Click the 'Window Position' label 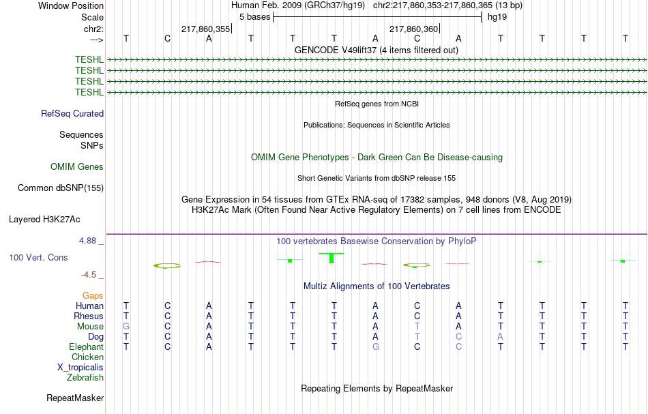(x=71, y=5)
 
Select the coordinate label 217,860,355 (x=205, y=29)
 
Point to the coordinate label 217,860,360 (x=413, y=29)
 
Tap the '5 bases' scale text (x=254, y=16)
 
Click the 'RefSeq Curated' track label (x=72, y=114)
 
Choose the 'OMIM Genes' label (x=77, y=167)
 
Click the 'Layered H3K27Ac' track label (x=44, y=220)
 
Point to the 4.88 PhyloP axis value (x=90, y=241)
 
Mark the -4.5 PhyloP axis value (x=91, y=275)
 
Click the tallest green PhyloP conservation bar (x=332, y=258)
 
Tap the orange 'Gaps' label (x=93, y=296)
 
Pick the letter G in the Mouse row (x=126, y=327)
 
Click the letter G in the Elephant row (x=375, y=347)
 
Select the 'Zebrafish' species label (x=85, y=378)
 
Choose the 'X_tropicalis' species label (x=80, y=368)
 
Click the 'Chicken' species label (x=88, y=357)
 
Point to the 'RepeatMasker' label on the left (x=75, y=398)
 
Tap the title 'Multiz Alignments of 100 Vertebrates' (x=377, y=286)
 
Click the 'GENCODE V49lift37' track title (x=377, y=50)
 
